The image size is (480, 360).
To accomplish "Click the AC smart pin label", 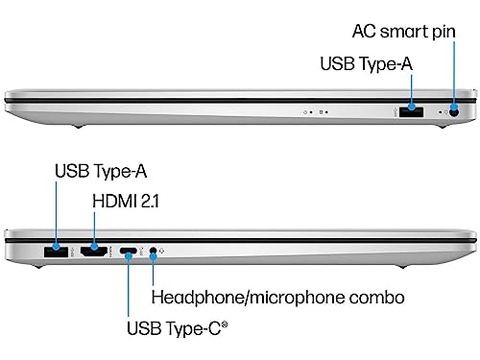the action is [x=403, y=32].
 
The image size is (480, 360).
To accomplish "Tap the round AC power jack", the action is [x=454, y=112].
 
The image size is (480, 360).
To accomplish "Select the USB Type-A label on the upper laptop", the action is [x=366, y=63].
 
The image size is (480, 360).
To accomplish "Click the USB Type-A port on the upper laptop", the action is [x=412, y=112].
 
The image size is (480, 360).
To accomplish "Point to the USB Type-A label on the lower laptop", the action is [x=101, y=171].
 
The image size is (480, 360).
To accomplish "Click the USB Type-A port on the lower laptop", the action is [x=56, y=252].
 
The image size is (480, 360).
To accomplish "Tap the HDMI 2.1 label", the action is [x=126, y=201].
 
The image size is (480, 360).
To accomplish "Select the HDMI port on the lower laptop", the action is [x=94, y=252].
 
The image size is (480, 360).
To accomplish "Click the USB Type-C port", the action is [x=129, y=251].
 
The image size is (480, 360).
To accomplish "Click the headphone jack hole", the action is [x=154, y=251].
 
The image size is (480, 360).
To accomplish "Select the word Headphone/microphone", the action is [x=248, y=298].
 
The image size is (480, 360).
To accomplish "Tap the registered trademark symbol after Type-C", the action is [x=225, y=324].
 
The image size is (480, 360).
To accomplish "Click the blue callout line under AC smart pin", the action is [x=454, y=73].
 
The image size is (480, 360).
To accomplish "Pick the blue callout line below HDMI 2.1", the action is [x=94, y=228].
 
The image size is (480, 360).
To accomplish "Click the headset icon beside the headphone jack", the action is [x=161, y=252].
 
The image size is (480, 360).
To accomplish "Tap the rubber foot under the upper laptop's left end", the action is [x=78, y=127].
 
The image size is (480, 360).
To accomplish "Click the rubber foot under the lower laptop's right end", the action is [x=403, y=266].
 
